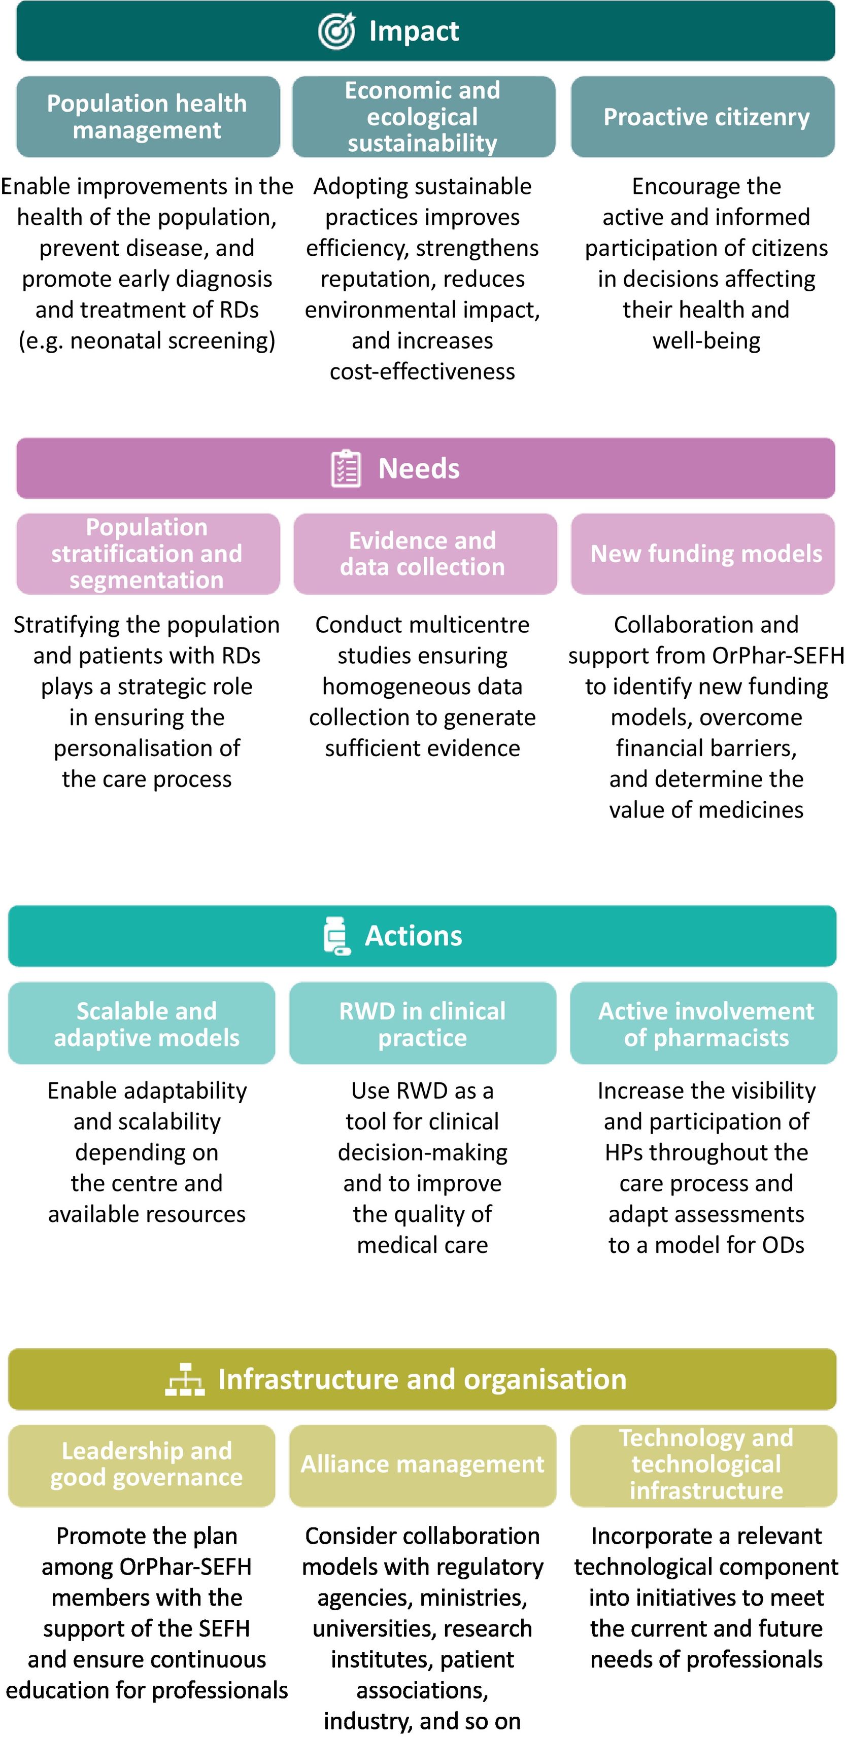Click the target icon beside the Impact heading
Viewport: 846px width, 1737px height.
(x=336, y=31)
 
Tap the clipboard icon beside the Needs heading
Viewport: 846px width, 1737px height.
(x=346, y=468)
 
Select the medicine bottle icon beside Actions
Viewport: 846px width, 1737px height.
(x=337, y=936)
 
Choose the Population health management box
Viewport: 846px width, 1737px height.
(x=148, y=117)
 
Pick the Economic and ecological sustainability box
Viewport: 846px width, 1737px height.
(x=423, y=117)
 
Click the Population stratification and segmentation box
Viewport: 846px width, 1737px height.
(x=148, y=554)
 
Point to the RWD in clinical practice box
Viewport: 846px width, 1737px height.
(x=423, y=1024)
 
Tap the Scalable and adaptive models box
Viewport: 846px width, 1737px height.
(x=142, y=1024)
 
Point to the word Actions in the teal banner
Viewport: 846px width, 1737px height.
(x=413, y=936)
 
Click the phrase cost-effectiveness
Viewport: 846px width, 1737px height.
(x=422, y=371)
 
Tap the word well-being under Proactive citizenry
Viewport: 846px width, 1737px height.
(x=706, y=340)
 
